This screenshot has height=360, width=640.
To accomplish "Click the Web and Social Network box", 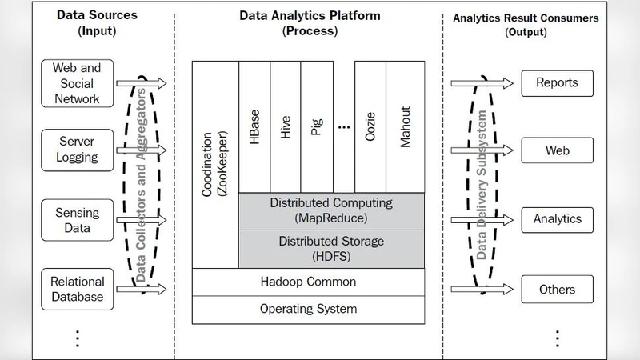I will coord(77,83).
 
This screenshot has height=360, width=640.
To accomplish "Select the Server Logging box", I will coord(77,149).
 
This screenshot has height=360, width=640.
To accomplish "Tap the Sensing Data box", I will coord(77,220).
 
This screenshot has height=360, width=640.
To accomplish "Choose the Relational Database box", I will coord(77,289).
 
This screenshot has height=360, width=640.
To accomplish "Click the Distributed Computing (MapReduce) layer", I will coord(331,210).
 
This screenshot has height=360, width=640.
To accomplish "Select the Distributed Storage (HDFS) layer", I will coord(331,248).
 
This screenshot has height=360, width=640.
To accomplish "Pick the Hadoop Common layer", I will coord(308,282).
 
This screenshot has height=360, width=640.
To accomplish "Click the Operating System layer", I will coord(308,309).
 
